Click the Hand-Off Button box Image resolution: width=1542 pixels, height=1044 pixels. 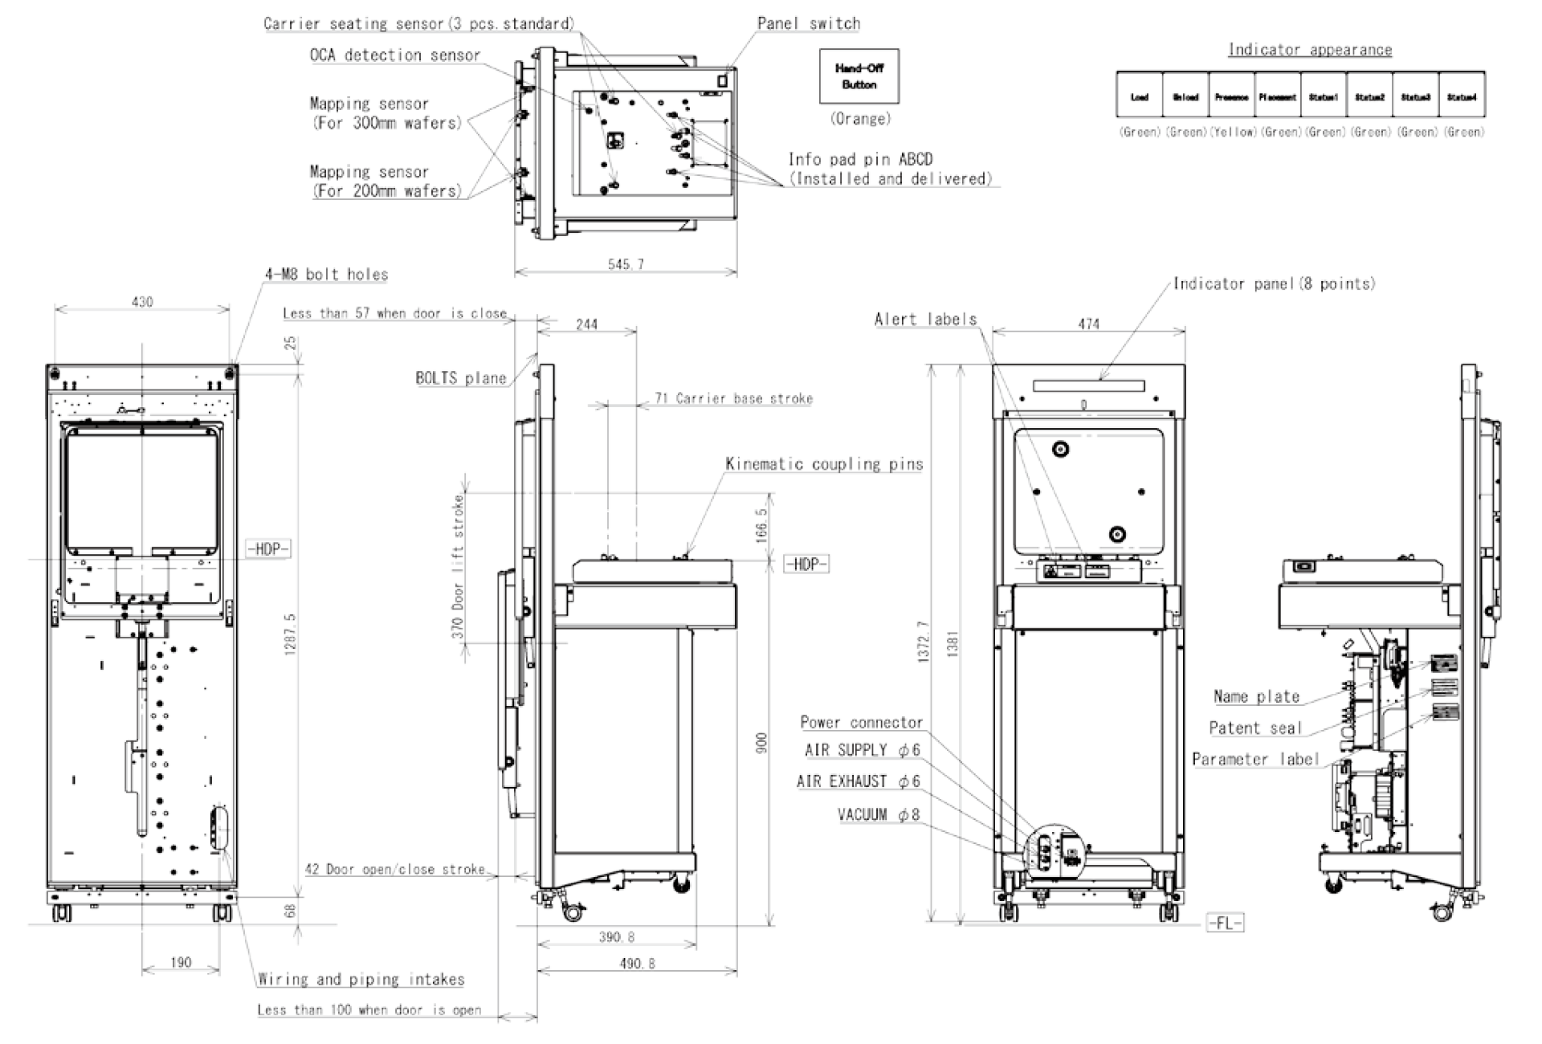click(859, 76)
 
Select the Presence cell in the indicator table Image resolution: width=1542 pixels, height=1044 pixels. click(1231, 97)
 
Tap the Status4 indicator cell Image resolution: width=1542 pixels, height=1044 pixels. click(1461, 97)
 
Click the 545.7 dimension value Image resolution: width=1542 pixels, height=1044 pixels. click(626, 264)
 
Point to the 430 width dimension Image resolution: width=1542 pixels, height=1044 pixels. click(142, 302)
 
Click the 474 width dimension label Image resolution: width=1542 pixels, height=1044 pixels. click(1088, 324)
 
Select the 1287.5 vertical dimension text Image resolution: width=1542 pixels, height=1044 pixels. click(291, 634)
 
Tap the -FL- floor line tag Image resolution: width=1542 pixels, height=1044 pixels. click(1225, 924)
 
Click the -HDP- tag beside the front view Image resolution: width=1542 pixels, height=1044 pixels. click(268, 549)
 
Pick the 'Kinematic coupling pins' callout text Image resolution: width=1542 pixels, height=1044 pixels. click(824, 464)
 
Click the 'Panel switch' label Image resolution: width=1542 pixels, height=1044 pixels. click(808, 24)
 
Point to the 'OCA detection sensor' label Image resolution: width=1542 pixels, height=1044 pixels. click(395, 55)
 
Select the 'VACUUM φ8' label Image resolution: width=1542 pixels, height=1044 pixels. click(879, 815)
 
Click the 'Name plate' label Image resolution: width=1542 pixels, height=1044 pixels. click(1256, 697)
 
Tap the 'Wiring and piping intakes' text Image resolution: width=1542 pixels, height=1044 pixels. click(361, 980)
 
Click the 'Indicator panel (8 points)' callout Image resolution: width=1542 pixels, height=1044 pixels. click(1274, 283)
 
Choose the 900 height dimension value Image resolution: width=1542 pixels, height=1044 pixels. click(762, 743)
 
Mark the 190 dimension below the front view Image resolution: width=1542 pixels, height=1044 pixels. click(181, 962)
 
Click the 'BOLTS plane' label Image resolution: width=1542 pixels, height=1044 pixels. click(461, 378)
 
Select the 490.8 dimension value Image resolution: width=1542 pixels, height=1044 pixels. click(637, 963)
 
